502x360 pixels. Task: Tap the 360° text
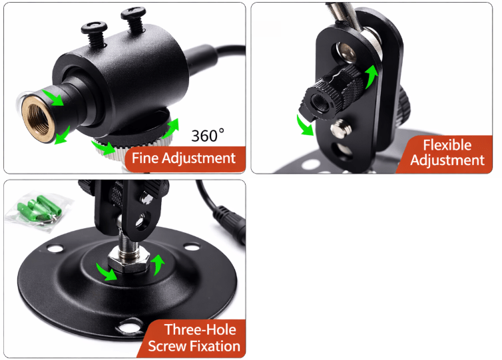[x=208, y=135]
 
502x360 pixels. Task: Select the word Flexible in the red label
[x=447, y=145]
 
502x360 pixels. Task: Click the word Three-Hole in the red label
[x=200, y=329]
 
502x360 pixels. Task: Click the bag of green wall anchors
[x=39, y=212]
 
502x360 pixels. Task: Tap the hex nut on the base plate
[x=128, y=261]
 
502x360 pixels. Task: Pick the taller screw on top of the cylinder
[x=134, y=19]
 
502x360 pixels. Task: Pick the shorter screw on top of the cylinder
[x=94, y=33]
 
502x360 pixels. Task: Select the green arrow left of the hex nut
[x=107, y=271]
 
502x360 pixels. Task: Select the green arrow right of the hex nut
[x=158, y=265]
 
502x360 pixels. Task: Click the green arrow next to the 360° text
[x=171, y=128]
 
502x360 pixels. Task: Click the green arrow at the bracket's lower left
[x=305, y=126]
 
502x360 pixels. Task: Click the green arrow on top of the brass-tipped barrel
[x=53, y=97]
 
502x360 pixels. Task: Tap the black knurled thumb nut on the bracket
[x=333, y=92]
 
